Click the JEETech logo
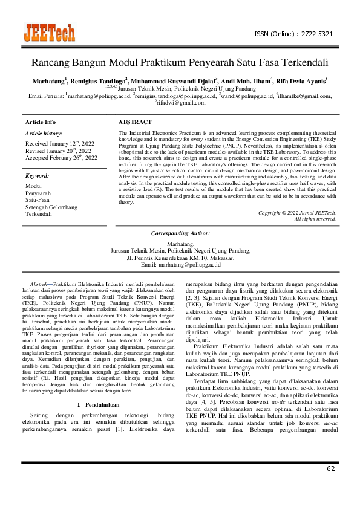49,33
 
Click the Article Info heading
42,122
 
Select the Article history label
44,133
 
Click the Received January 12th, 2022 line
61,143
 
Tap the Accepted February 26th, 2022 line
61,158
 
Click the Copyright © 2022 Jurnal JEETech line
296,212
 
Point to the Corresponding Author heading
180,233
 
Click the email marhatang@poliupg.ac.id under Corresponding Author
180,265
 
